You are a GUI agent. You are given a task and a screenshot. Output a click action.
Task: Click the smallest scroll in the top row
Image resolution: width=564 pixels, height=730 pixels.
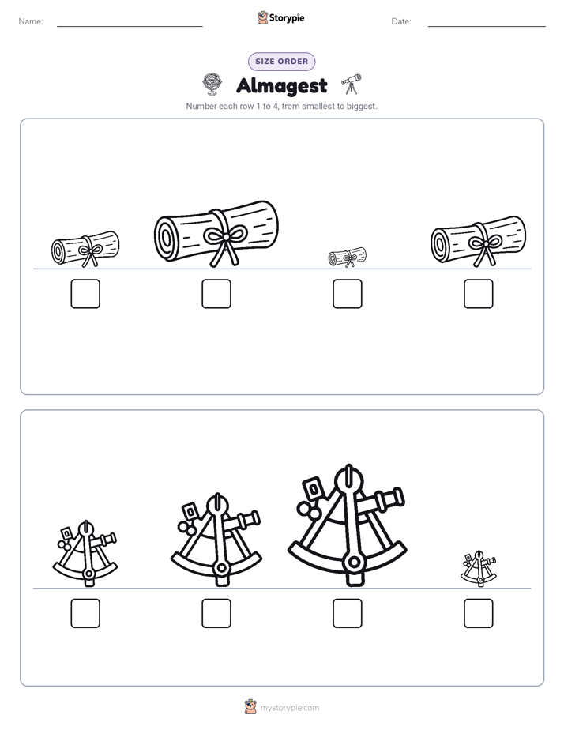[x=347, y=258]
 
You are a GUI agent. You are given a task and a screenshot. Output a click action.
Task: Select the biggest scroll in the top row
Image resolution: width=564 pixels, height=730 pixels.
[x=216, y=234]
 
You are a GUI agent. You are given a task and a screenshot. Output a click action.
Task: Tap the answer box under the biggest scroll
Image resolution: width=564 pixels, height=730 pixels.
[x=216, y=294]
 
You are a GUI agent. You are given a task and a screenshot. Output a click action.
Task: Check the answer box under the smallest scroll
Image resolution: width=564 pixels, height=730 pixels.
[x=348, y=294]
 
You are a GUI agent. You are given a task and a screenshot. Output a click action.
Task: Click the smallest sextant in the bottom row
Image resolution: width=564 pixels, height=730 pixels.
[x=479, y=568]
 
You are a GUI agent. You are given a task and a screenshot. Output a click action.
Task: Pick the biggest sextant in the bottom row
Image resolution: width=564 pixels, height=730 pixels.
[x=347, y=525]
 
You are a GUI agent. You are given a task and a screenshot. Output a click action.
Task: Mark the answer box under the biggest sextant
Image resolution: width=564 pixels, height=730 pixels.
[x=348, y=613]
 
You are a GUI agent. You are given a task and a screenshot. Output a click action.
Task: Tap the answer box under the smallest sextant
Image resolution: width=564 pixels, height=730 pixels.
[x=479, y=613]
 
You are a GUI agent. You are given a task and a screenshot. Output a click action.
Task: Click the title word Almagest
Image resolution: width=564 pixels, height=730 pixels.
[x=282, y=85]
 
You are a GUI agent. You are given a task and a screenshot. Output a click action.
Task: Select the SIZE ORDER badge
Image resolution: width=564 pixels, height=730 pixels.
[x=282, y=62]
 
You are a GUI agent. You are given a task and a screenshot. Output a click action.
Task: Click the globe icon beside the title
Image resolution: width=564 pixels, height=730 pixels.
[x=212, y=84]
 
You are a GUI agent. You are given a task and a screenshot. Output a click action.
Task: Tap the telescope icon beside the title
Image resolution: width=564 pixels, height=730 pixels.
[x=352, y=84]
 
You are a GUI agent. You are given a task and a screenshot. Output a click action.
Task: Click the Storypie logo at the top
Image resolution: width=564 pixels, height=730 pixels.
[x=281, y=18]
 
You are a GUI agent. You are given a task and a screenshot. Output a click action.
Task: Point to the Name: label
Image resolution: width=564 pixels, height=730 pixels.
[x=31, y=21]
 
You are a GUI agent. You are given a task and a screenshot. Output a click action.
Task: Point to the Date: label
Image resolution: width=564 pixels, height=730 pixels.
[x=401, y=21]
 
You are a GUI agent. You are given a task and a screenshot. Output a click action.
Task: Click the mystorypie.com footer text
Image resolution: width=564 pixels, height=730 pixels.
[x=289, y=708]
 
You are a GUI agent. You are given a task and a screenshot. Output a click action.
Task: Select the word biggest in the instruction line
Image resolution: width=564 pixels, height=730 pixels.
[x=362, y=107]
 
